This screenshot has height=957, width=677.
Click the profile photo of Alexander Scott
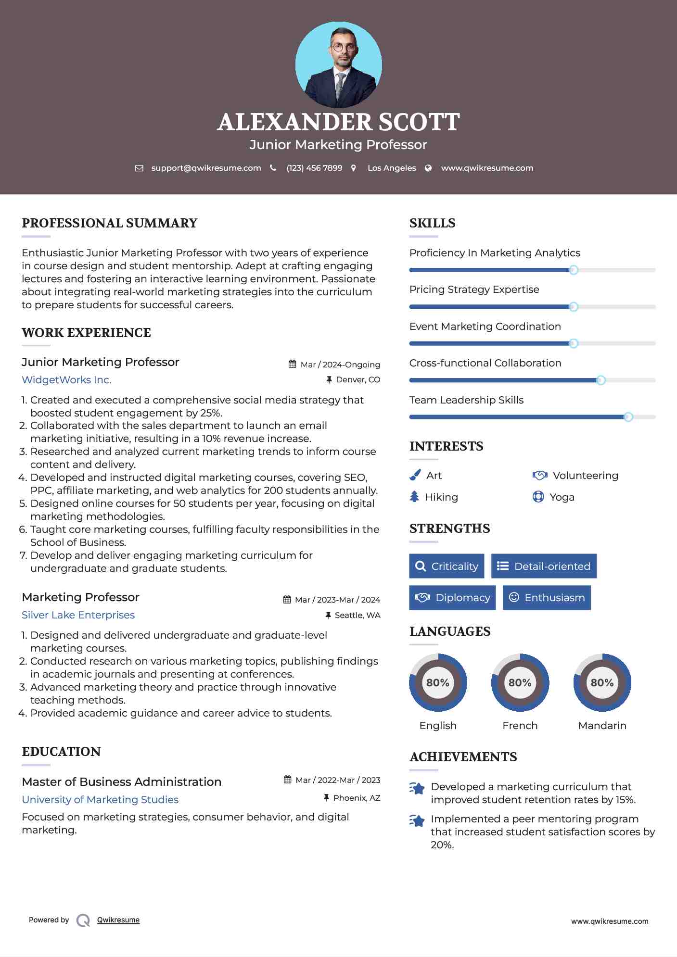338,65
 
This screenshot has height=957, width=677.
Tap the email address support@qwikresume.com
206,168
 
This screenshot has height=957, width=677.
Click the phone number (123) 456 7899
314,168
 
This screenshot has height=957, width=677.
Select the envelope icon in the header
139,168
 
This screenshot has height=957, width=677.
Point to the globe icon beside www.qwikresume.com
428,168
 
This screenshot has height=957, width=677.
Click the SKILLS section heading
432,223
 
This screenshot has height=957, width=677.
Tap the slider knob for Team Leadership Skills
628,417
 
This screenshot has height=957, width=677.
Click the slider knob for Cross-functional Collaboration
600,380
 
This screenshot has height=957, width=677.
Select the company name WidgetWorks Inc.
66,380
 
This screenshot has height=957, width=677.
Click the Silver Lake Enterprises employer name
78,615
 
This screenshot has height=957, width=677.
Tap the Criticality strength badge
447,566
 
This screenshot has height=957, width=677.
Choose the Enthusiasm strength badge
547,598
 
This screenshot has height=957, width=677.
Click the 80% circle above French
520,682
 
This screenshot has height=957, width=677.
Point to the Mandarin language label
602,726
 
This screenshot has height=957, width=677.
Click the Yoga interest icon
538,497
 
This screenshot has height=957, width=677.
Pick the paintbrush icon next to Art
415,476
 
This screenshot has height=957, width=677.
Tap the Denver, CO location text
358,380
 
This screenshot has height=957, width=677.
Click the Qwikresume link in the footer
118,920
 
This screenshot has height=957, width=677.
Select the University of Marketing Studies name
100,800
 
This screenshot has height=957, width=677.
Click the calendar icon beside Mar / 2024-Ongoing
292,364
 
